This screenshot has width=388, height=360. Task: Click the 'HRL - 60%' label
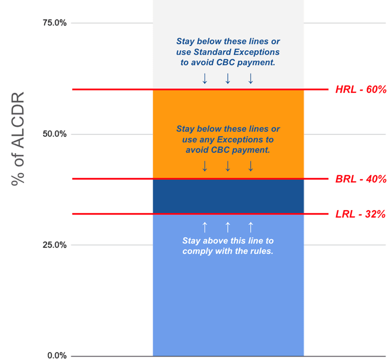[x=360, y=90]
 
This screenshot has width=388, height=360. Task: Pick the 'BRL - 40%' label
[x=360, y=179]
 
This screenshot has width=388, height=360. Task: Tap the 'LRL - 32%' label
[x=360, y=214]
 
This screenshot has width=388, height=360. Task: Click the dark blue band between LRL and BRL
[x=228, y=197]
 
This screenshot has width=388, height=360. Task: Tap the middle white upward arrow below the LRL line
[x=228, y=227]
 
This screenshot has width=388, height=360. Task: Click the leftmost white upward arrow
[x=205, y=227]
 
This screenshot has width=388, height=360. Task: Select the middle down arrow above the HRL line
[x=228, y=78]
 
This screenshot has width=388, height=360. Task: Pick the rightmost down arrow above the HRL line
[x=250, y=78]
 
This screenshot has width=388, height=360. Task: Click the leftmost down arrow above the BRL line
[x=205, y=166]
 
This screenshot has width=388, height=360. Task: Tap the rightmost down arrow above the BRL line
[x=250, y=166]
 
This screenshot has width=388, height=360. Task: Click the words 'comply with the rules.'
[x=228, y=252]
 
